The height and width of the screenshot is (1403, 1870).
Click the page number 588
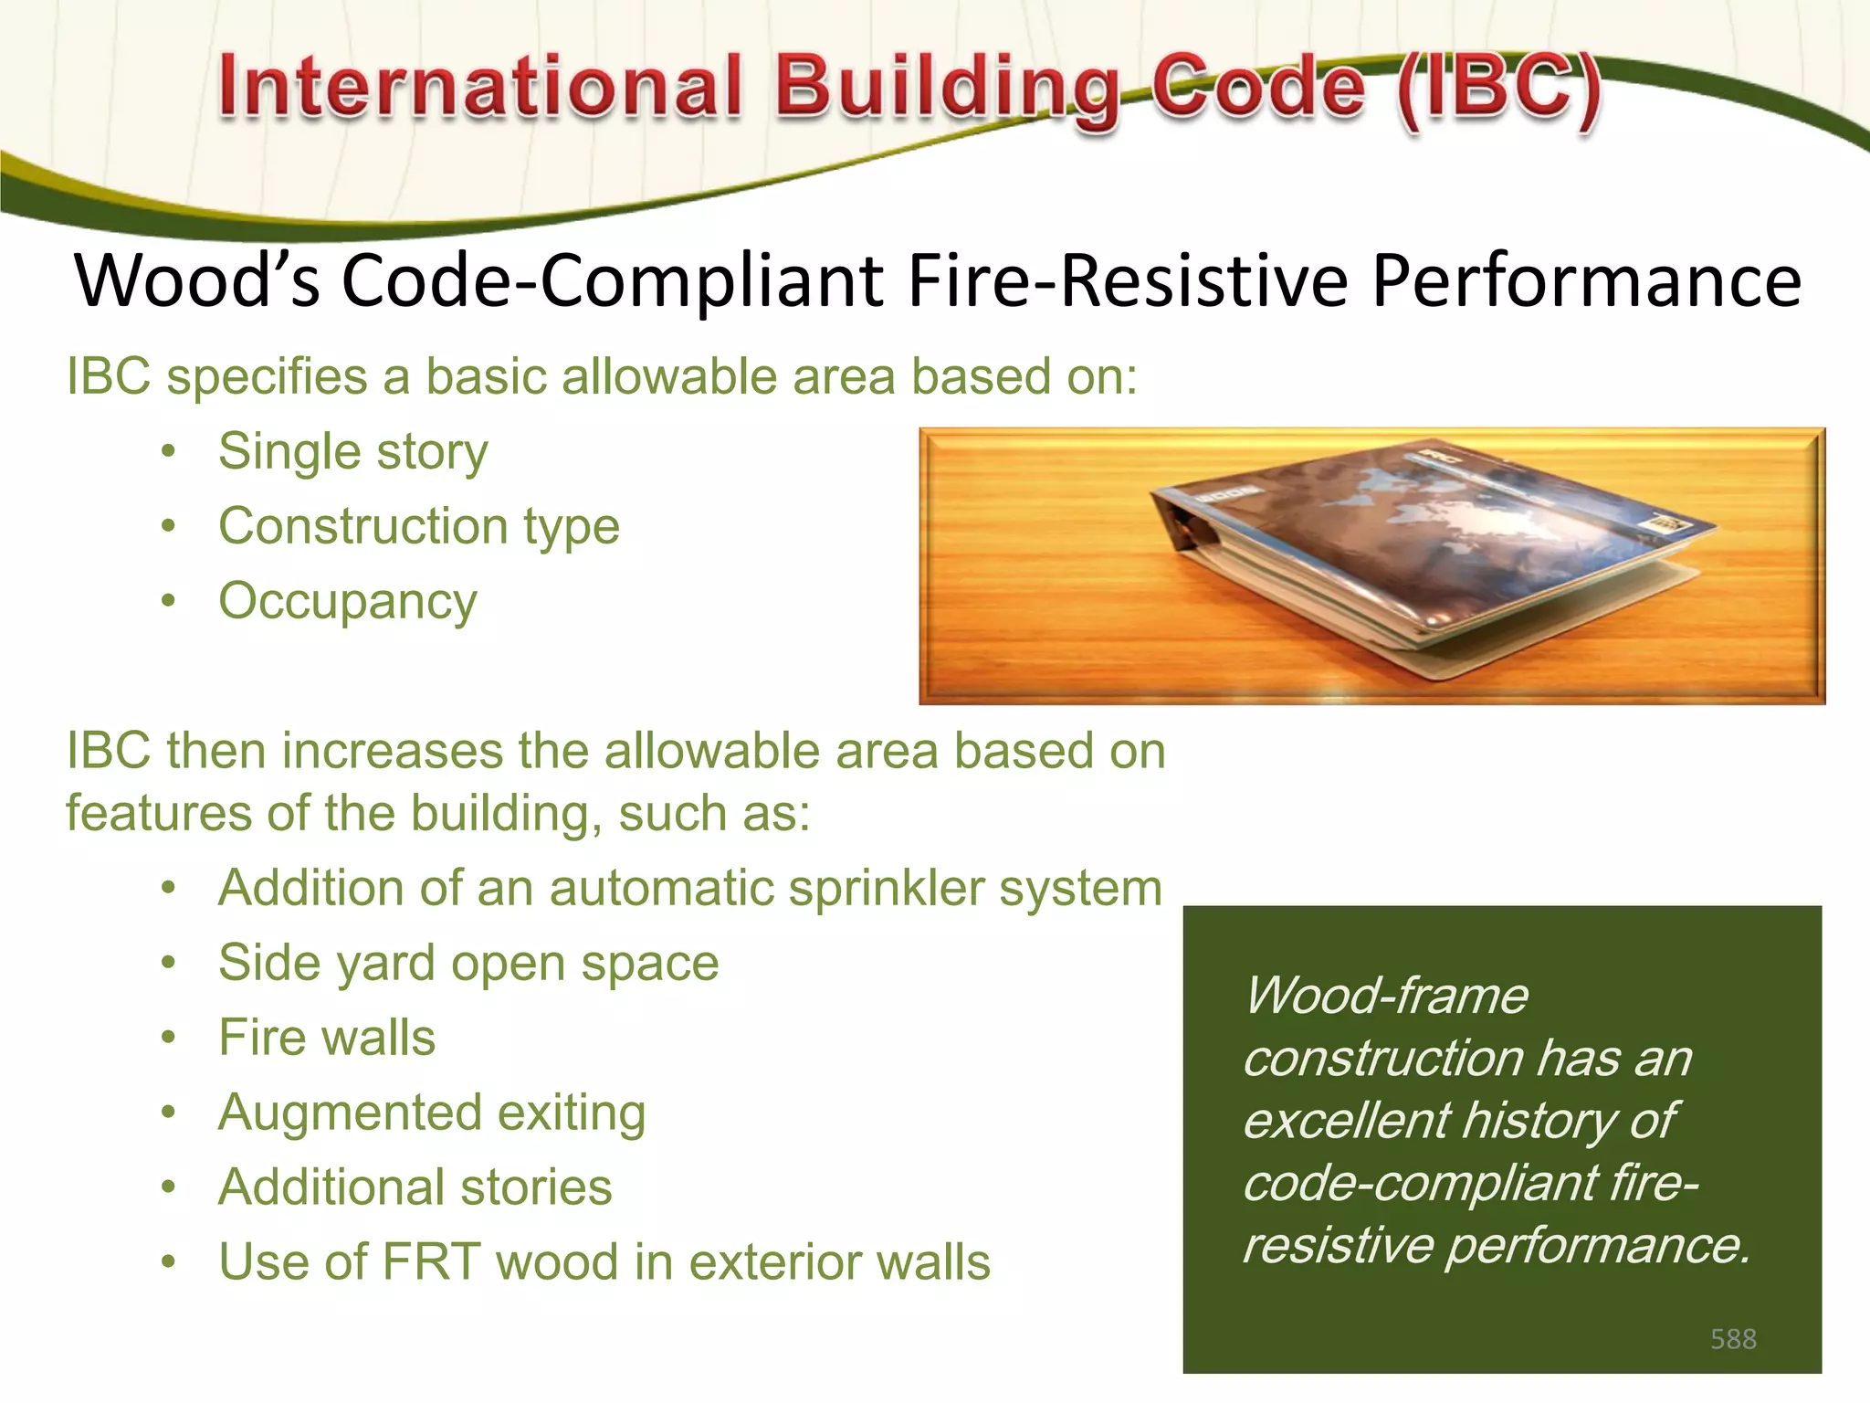click(x=1733, y=1339)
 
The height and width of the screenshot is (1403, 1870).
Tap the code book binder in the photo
click(x=1424, y=557)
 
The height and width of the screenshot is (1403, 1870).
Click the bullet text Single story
click(x=353, y=452)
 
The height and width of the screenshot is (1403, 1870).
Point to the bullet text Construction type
click(x=419, y=527)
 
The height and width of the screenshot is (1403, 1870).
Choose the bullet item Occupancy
click(x=348, y=602)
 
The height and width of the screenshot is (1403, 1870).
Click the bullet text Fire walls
click(x=327, y=1038)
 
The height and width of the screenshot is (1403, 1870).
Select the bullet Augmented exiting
click(x=432, y=1113)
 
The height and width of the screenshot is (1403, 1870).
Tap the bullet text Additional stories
click(x=415, y=1187)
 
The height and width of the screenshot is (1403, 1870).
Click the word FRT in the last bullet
click(x=431, y=1262)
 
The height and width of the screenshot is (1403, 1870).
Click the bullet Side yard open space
click(x=468, y=964)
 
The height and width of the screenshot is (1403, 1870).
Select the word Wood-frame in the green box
click(x=1386, y=996)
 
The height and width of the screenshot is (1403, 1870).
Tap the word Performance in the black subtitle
click(x=1586, y=280)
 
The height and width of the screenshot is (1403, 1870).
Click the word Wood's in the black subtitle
click(x=197, y=280)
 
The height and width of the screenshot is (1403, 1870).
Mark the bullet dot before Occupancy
click(x=168, y=601)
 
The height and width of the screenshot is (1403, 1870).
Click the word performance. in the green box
click(x=1598, y=1246)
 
